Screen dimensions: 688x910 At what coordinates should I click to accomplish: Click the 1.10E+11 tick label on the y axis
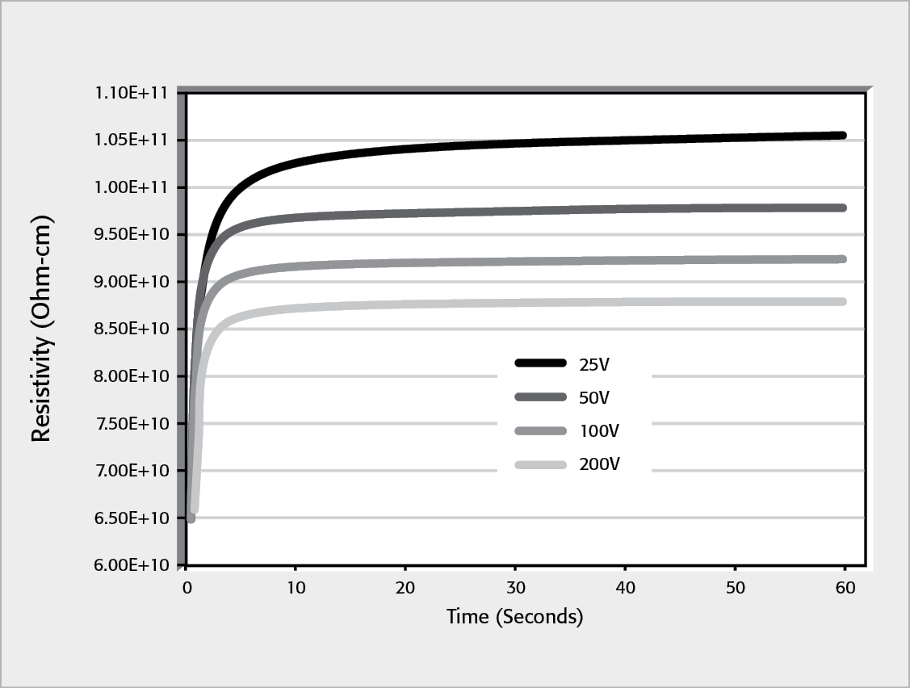point(130,93)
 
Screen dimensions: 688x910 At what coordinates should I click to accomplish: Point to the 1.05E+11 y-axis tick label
point(130,140)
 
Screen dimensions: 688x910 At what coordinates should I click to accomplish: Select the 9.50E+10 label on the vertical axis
point(130,234)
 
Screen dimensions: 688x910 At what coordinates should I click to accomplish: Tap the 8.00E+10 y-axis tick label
point(130,376)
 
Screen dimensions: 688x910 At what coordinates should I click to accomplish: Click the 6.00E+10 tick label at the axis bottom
point(130,565)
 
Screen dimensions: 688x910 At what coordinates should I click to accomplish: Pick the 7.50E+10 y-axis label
point(130,423)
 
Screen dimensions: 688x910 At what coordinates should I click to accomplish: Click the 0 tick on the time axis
point(186,588)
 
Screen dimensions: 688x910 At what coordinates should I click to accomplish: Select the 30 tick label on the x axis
point(515,588)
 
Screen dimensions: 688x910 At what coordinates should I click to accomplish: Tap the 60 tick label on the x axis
point(845,588)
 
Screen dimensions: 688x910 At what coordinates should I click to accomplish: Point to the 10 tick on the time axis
point(296,588)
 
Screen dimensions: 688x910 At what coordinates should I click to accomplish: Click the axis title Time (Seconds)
point(514,617)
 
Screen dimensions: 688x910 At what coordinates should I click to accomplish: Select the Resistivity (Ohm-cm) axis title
point(42,329)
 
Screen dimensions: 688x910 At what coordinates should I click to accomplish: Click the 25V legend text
point(593,364)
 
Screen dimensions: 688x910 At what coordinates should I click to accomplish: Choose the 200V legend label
point(598,464)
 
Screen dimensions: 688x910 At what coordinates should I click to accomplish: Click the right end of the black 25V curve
point(843,136)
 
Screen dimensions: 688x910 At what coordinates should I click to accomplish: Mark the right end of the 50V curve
point(843,208)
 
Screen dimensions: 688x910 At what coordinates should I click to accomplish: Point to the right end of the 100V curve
point(843,259)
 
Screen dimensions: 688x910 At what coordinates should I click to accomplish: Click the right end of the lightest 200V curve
point(843,301)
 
